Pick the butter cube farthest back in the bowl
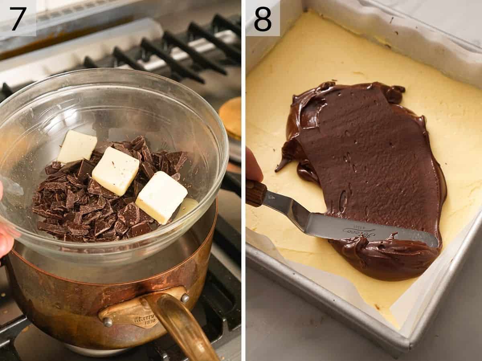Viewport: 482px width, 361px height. point(78,146)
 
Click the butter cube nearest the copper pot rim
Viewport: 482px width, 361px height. point(161,197)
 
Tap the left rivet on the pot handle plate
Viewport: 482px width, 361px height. point(107,322)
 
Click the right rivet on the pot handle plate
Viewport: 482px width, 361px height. point(185,298)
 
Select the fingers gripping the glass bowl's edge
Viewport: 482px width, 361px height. point(5,237)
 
